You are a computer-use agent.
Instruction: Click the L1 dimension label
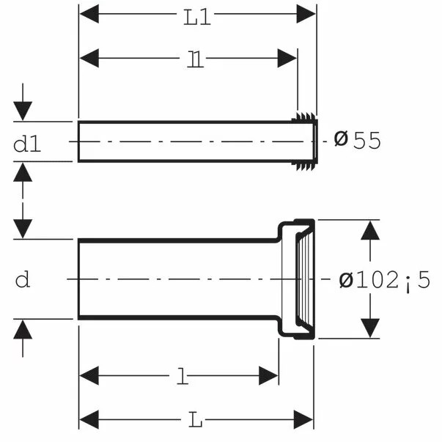coord(197,18)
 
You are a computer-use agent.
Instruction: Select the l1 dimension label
coord(196,59)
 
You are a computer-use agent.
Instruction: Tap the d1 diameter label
coord(27,144)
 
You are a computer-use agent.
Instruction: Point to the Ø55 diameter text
coord(358,140)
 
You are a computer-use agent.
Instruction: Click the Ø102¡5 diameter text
coord(385,280)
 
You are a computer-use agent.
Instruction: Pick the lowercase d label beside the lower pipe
coord(23,279)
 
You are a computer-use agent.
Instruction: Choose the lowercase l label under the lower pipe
coord(183,376)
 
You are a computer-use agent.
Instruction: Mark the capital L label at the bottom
coord(195,419)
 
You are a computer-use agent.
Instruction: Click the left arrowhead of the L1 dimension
coord(89,13)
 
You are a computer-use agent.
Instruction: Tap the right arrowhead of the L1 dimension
coord(306,13)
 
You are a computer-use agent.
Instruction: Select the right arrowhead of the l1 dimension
coord(287,58)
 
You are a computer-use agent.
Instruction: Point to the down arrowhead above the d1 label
coord(23,111)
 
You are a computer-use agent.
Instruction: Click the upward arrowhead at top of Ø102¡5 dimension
coord(370,230)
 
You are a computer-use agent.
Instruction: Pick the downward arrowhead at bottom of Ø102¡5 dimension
coord(370,328)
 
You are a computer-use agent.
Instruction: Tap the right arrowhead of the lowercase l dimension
coord(268,375)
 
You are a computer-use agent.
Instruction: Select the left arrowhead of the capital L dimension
coord(89,419)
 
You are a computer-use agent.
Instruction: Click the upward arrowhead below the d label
coord(23,330)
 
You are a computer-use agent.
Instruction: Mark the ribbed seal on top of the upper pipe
coord(304,117)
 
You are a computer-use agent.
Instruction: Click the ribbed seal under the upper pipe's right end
coord(304,166)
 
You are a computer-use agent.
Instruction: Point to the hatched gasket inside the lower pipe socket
coord(304,279)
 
